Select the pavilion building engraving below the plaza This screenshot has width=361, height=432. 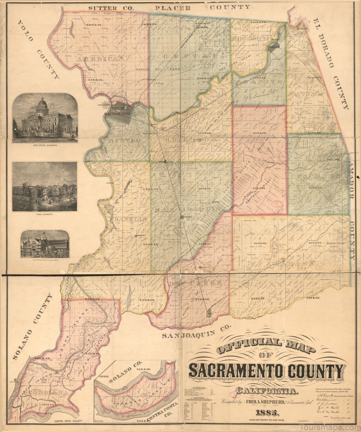coord(45,244)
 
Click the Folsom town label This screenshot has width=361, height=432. coord(275,46)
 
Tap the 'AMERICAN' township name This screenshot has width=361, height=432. coord(100,60)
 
